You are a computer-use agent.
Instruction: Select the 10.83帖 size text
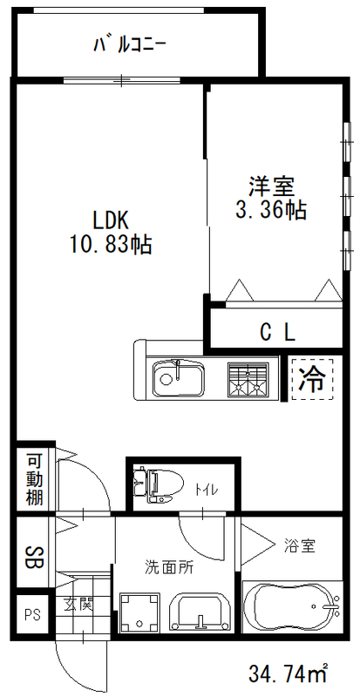click(x=110, y=245)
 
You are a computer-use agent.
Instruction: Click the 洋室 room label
click(x=272, y=186)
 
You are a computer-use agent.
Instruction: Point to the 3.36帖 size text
click(x=273, y=210)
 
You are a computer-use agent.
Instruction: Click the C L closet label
click(x=278, y=332)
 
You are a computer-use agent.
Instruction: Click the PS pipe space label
click(x=32, y=614)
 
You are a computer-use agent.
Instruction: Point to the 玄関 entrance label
click(x=74, y=603)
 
